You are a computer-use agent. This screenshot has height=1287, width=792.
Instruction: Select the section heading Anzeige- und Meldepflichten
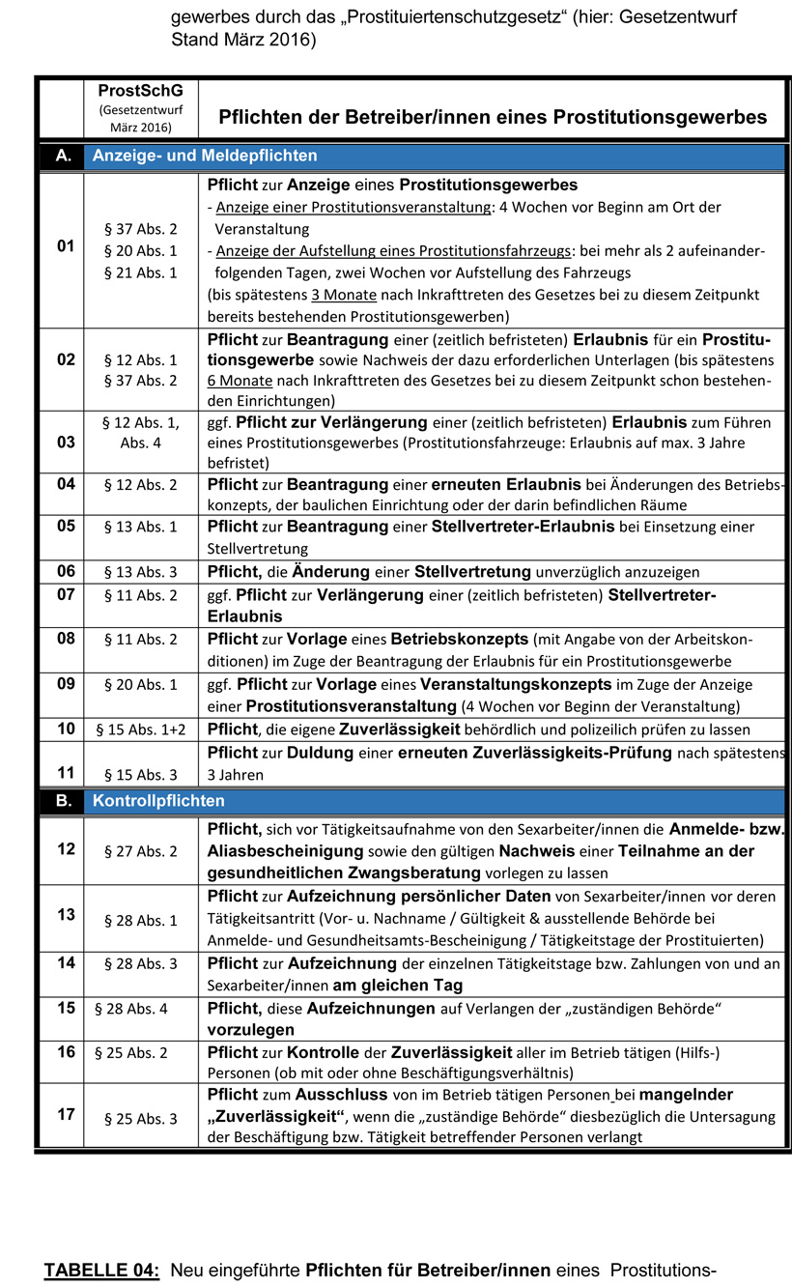[x=205, y=156]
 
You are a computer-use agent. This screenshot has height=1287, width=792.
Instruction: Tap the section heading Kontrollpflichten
[x=158, y=801]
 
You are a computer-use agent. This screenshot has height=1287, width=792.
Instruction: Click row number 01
[x=66, y=247]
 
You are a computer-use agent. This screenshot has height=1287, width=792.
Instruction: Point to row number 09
[x=66, y=684]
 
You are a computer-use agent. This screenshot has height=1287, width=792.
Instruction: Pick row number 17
[x=66, y=1114]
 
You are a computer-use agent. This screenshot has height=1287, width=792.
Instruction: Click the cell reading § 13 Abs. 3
[x=140, y=572]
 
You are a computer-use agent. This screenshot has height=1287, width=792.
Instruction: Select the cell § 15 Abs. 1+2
[x=140, y=729]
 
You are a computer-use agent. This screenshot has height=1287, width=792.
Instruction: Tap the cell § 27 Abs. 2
[x=140, y=851]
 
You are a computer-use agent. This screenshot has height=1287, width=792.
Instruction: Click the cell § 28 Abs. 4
[x=131, y=1009]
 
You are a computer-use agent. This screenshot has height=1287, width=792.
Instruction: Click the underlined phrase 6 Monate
[x=240, y=381]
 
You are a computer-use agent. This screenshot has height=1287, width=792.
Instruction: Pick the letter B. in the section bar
[x=65, y=801]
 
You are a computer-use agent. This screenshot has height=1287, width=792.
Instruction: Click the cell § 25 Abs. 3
[x=140, y=1119]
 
